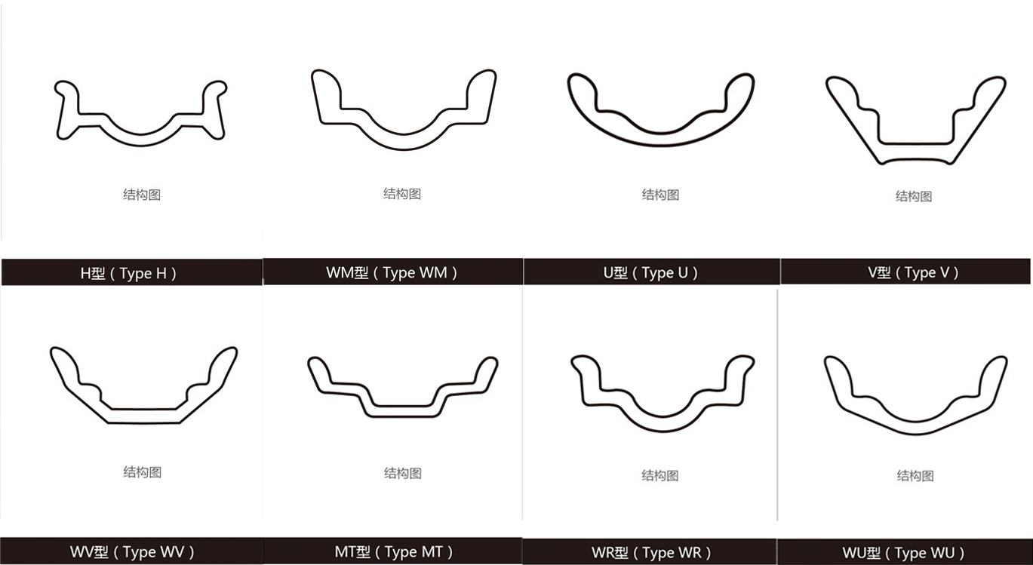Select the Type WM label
(x=392, y=272)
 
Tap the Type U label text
(x=650, y=272)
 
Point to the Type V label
(x=913, y=272)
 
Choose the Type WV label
(x=132, y=551)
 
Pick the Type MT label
(x=393, y=551)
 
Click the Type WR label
(x=651, y=552)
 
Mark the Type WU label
(x=903, y=552)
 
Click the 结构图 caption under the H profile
(x=142, y=195)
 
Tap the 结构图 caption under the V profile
(x=914, y=196)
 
